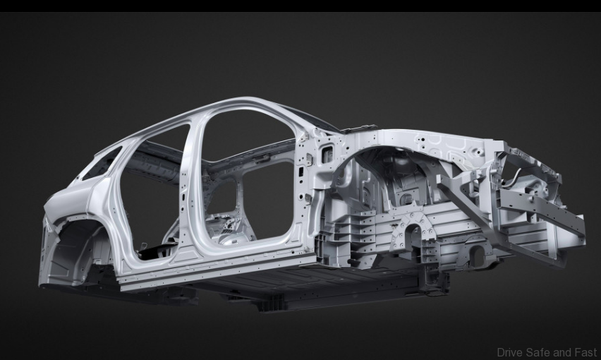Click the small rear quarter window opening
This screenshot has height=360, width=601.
point(102,164)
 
